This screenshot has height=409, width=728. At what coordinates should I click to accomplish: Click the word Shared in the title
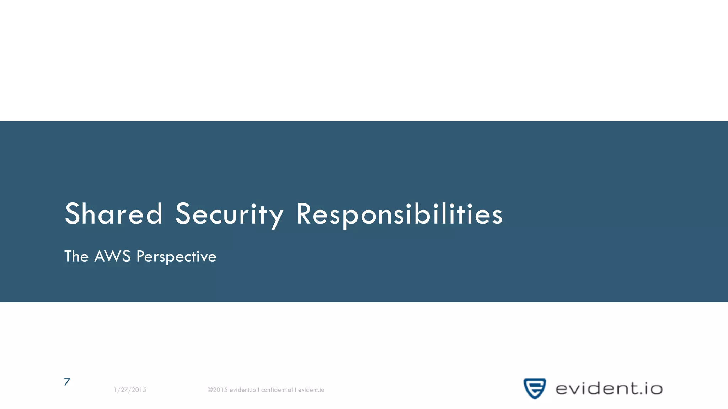coord(113,214)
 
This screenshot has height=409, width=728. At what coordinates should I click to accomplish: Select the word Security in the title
coord(229,214)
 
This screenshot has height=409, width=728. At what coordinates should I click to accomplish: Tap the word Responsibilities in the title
coord(399,214)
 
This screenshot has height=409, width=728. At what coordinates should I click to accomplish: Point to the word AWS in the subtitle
coord(112,256)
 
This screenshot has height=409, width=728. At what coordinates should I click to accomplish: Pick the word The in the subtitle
coord(76,256)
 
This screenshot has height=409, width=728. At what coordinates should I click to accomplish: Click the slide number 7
coord(67,382)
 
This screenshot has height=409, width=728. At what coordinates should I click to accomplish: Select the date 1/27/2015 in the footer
coord(130,390)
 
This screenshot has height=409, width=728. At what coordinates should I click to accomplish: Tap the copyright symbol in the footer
coord(210,389)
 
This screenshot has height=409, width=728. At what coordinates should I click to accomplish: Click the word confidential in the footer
coord(277,390)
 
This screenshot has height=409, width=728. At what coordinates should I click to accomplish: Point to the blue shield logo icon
coord(535,388)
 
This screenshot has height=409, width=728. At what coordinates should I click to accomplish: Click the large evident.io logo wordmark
coord(609,389)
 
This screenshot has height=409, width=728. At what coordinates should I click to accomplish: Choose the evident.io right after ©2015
coord(243,390)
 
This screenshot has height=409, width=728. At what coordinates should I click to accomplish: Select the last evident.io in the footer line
coord(311,390)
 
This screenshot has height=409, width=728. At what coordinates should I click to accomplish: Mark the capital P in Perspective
coord(140,256)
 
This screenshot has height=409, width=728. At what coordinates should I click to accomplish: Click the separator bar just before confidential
coord(258,390)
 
